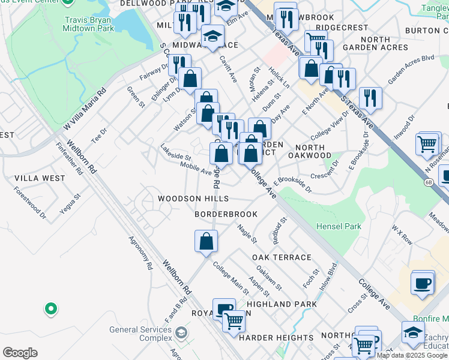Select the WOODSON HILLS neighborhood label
pyautogui.click(x=193, y=199)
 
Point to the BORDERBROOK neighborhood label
pyautogui.click(x=226, y=214)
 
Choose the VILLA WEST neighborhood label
pyautogui.click(x=40, y=178)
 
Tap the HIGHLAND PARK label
pyautogui.click(x=282, y=304)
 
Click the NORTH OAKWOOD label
pyautogui.click(x=313, y=151)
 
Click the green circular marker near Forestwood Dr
pyautogui.click(x=51, y=309)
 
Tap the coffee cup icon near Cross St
pyautogui.click(x=423, y=283)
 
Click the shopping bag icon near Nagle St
pyautogui.click(x=206, y=241)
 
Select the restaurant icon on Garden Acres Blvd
pyautogui.click(x=370, y=97)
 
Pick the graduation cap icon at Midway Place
pyautogui.click(x=212, y=37)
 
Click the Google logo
pyautogui.click(x=19, y=353)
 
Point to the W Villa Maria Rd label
pyautogui.click(x=85, y=109)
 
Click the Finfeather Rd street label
pyautogui.click(x=69, y=158)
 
